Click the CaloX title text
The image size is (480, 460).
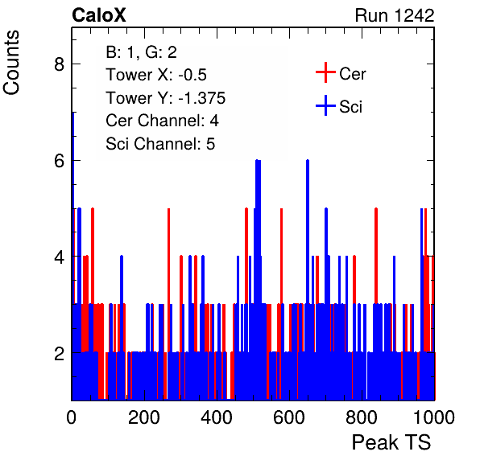tap(98, 15)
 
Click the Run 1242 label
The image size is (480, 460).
tap(395, 15)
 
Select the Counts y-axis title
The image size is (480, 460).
tap(11, 63)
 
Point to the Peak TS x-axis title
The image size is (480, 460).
tap(391, 442)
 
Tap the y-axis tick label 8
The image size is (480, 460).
tap(59, 64)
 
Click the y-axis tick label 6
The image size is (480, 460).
tap(59, 161)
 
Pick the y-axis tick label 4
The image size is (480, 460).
tap(59, 257)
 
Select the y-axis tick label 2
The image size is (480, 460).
tap(59, 354)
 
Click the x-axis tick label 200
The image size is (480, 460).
tap(144, 417)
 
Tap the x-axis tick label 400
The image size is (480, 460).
tap(217, 417)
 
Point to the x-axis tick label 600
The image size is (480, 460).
tap(289, 417)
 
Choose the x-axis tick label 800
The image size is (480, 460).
tap(362, 417)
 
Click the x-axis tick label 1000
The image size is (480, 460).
tap(434, 417)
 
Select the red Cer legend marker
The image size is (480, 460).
tap(325, 72)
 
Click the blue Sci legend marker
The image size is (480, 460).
tap(325, 106)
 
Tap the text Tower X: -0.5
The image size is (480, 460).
tap(156, 75)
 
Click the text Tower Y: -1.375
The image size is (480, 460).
tap(166, 98)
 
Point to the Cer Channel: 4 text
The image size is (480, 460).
tap(162, 121)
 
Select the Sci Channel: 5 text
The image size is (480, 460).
tap(160, 144)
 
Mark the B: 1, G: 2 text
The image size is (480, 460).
tap(141, 52)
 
